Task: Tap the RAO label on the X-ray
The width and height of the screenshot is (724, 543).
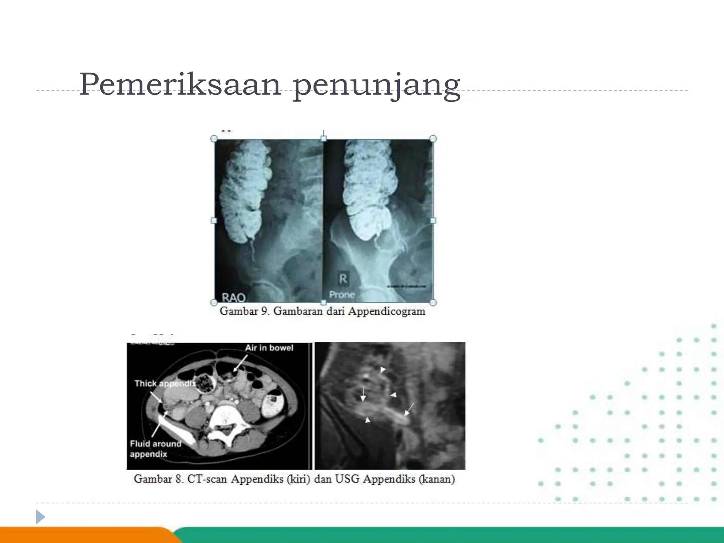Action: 233,298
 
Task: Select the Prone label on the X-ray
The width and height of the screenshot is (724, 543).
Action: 342,294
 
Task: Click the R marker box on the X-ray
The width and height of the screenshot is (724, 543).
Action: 343,279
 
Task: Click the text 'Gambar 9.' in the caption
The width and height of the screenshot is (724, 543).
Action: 245,311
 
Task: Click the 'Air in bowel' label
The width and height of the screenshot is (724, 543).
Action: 269,348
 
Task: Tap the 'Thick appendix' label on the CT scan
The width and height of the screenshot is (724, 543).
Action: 165,384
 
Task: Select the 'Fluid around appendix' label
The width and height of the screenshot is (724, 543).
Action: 155,449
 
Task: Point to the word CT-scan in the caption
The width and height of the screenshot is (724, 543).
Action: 208,479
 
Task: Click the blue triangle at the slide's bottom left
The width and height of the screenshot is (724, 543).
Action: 40,517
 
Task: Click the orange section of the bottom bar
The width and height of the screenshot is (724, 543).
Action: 85,535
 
